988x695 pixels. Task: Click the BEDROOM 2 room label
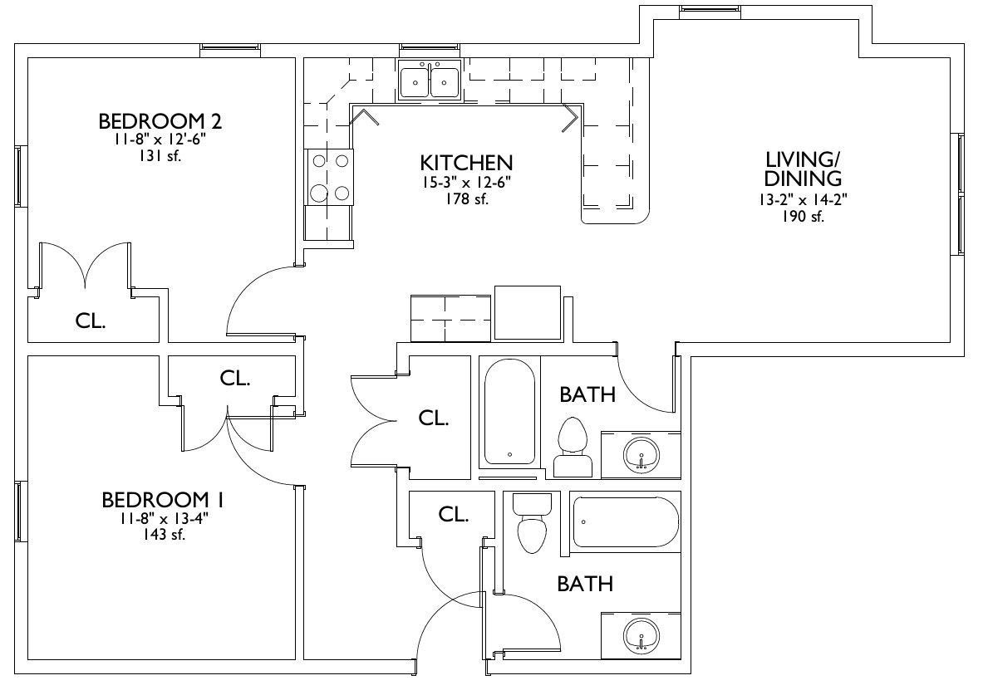tap(160, 120)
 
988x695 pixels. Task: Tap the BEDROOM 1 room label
tap(163, 500)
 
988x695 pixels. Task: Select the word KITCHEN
tap(466, 163)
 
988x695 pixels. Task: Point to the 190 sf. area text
tap(804, 217)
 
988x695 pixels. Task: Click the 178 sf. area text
tap(467, 199)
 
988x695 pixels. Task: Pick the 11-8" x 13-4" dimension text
tap(163, 519)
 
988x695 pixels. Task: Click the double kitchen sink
tap(430, 80)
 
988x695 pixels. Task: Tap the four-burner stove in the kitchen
tap(330, 177)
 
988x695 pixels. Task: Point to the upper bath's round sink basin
tap(641, 453)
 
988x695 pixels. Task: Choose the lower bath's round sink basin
tap(641, 635)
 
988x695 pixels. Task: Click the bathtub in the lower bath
tap(625, 521)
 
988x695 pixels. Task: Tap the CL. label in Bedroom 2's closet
tap(90, 321)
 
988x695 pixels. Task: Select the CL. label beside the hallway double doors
tap(434, 418)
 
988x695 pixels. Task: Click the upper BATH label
tap(587, 394)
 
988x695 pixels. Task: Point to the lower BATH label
tap(585, 584)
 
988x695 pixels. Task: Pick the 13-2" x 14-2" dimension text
tap(804, 199)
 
